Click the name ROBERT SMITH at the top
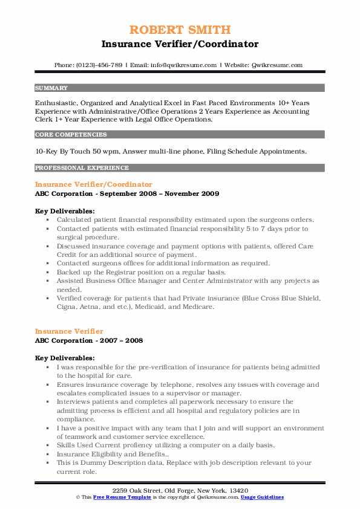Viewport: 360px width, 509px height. coord(180,30)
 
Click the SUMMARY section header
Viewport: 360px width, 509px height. coord(51,88)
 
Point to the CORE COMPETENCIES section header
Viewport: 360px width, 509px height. coord(71,135)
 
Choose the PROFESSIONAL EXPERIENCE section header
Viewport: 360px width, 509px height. coord(82,167)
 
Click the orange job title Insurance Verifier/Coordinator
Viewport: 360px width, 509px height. coord(94,184)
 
